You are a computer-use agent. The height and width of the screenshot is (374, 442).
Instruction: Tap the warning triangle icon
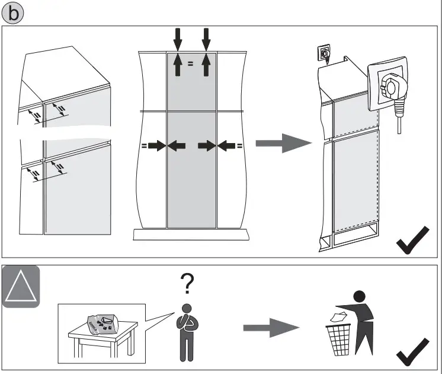pyautogui.click(x=21, y=287)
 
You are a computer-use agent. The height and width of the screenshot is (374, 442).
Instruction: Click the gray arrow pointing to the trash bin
pyautogui.click(x=270, y=327)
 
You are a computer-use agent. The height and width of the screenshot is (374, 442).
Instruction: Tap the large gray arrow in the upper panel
pyautogui.click(x=283, y=143)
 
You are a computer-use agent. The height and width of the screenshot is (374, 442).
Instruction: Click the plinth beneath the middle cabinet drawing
pyautogui.click(x=191, y=234)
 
